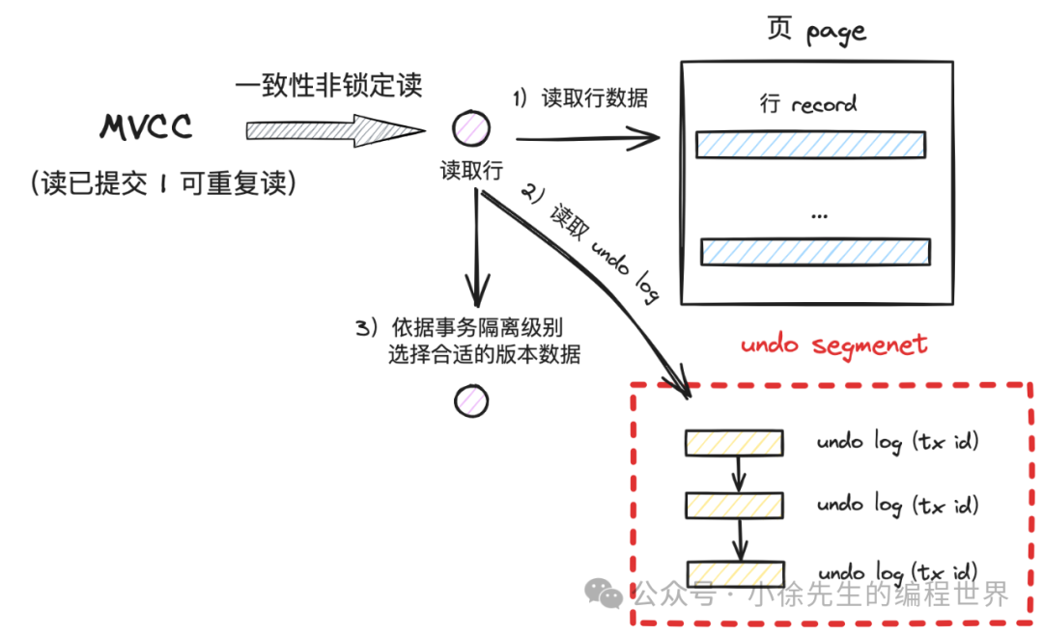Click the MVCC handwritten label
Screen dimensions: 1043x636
tap(146, 126)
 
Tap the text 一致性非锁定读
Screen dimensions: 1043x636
tap(328, 85)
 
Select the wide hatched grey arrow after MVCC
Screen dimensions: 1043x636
tap(335, 130)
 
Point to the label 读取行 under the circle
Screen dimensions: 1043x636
tap(471, 170)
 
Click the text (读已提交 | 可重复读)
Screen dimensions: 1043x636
tap(163, 182)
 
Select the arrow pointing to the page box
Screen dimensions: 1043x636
tap(588, 138)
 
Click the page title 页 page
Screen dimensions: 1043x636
tap(816, 31)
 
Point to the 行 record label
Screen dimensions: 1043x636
tap(808, 103)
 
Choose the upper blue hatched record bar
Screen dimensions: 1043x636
tap(810, 145)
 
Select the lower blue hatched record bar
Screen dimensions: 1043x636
tap(815, 253)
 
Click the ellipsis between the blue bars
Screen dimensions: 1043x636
tap(820, 216)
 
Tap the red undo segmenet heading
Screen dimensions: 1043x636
tap(834, 345)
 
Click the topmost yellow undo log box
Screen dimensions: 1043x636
tap(734, 443)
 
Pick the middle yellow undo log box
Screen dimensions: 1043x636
tap(734, 505)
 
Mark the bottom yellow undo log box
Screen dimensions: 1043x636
tap(736, 573)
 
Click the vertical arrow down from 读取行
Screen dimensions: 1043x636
tap(477, 247)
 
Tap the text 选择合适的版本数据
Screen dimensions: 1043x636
tap(484, 354)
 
